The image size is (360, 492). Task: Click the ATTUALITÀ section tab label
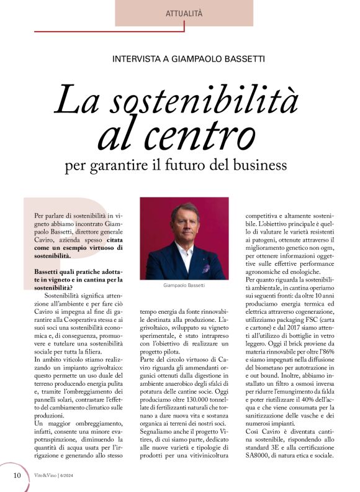point(184,13)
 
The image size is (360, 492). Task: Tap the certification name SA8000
point(261,455)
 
